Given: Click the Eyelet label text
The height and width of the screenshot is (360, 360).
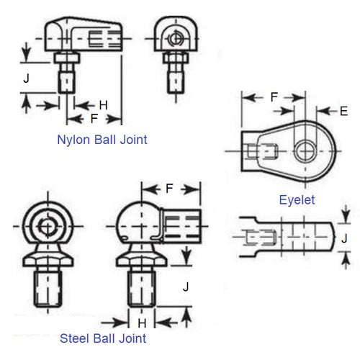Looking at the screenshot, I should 297,199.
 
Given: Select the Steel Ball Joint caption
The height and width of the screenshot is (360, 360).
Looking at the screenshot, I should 103,338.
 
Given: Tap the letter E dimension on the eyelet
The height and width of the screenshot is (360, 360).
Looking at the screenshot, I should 343,111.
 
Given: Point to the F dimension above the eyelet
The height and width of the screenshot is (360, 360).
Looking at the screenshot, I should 274,96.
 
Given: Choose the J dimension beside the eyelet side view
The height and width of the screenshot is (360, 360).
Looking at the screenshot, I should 343,238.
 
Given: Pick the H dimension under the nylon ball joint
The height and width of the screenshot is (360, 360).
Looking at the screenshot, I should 103,105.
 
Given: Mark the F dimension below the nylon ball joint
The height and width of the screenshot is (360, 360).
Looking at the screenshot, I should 94,117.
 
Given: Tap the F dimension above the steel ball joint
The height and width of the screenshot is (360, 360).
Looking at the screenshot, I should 169,189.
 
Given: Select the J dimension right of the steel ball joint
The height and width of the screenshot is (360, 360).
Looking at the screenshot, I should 186,286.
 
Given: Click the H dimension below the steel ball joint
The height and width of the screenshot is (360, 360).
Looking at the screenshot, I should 142,323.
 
